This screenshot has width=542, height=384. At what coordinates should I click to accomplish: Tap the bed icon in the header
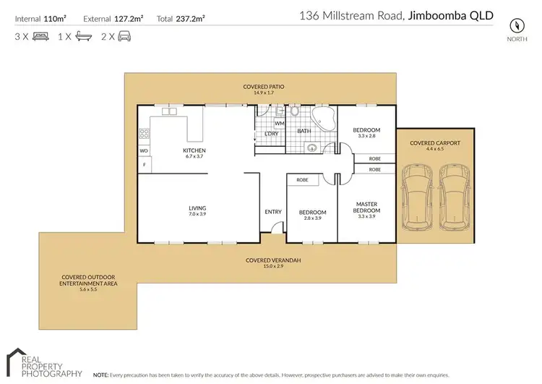[x=38, y=35]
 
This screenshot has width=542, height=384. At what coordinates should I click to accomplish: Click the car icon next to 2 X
[x=124, y=35]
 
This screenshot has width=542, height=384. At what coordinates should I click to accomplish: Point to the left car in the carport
[x=417, y=197]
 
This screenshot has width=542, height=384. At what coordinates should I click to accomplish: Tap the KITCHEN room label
[x=195, y=151]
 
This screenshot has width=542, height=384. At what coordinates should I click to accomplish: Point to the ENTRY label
[x=273, y=211]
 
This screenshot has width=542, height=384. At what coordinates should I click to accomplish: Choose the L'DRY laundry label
[x=272, y=133]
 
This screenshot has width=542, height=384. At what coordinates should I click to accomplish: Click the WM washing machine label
[x=279, y=124]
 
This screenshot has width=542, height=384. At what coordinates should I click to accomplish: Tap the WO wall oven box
[x=144, y=150]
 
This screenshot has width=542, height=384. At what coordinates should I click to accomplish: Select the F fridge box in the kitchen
[x=144, y=165]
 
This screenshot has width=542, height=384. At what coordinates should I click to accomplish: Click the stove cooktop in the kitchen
[x=143, y=134]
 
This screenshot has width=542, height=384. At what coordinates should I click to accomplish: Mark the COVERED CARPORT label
[x=435, y=143]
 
